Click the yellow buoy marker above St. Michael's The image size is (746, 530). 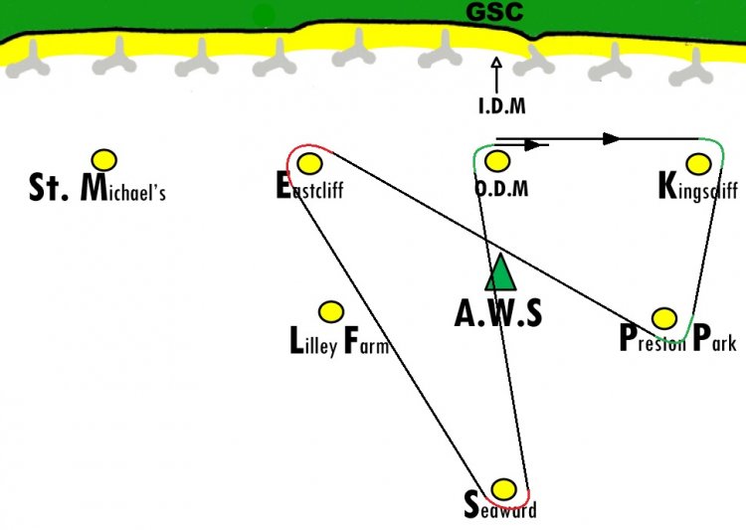[104, 160]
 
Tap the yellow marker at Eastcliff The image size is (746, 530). [309, 164]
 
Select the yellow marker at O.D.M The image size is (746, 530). [497, 161]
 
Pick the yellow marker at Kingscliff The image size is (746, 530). [699, 164]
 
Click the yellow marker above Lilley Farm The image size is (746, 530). [330, 312]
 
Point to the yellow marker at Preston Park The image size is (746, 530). [664, 318]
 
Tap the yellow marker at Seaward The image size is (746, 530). [503, 489]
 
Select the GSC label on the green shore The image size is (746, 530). [494, 11]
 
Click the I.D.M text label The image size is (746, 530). [502, 105]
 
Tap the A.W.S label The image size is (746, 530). [498, 313]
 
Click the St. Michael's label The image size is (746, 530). [97, 188]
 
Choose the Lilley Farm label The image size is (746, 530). [340, 341]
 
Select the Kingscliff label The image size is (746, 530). [698, 187]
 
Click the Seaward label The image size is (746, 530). [500, 506]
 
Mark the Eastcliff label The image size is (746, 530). [309, 186]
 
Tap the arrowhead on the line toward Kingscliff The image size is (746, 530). [612, 139]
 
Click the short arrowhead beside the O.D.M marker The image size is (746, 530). [532, 144]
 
